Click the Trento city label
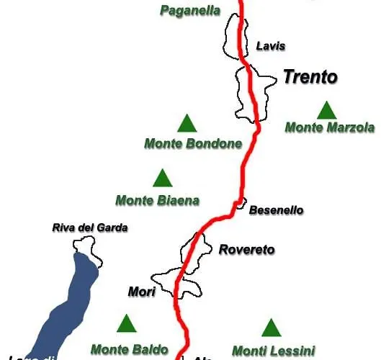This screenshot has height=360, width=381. [x=310, y=77]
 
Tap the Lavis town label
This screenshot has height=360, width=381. [x=271, y=46]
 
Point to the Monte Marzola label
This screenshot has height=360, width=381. [x=330, y=127]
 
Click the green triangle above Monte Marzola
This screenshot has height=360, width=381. [x=327, y=109]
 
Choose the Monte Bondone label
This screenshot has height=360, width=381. [x=193, y=143]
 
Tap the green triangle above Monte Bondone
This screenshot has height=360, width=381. [x=187, y=123]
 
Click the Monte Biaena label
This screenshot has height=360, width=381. [x=157, y=199]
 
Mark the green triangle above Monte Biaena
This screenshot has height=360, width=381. [x=163, y=177]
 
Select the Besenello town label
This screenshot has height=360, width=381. [x=276, y=210]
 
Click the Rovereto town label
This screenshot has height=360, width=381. [x=246, y=250]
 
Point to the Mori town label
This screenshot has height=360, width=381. [x=141, y=292]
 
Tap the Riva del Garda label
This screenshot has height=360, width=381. [x=90, y=228]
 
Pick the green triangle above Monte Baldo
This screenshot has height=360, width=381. [x=127, y=323]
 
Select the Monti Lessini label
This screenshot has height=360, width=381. [x=274, y=351]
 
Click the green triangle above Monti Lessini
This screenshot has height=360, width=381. [x=271, y=328]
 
